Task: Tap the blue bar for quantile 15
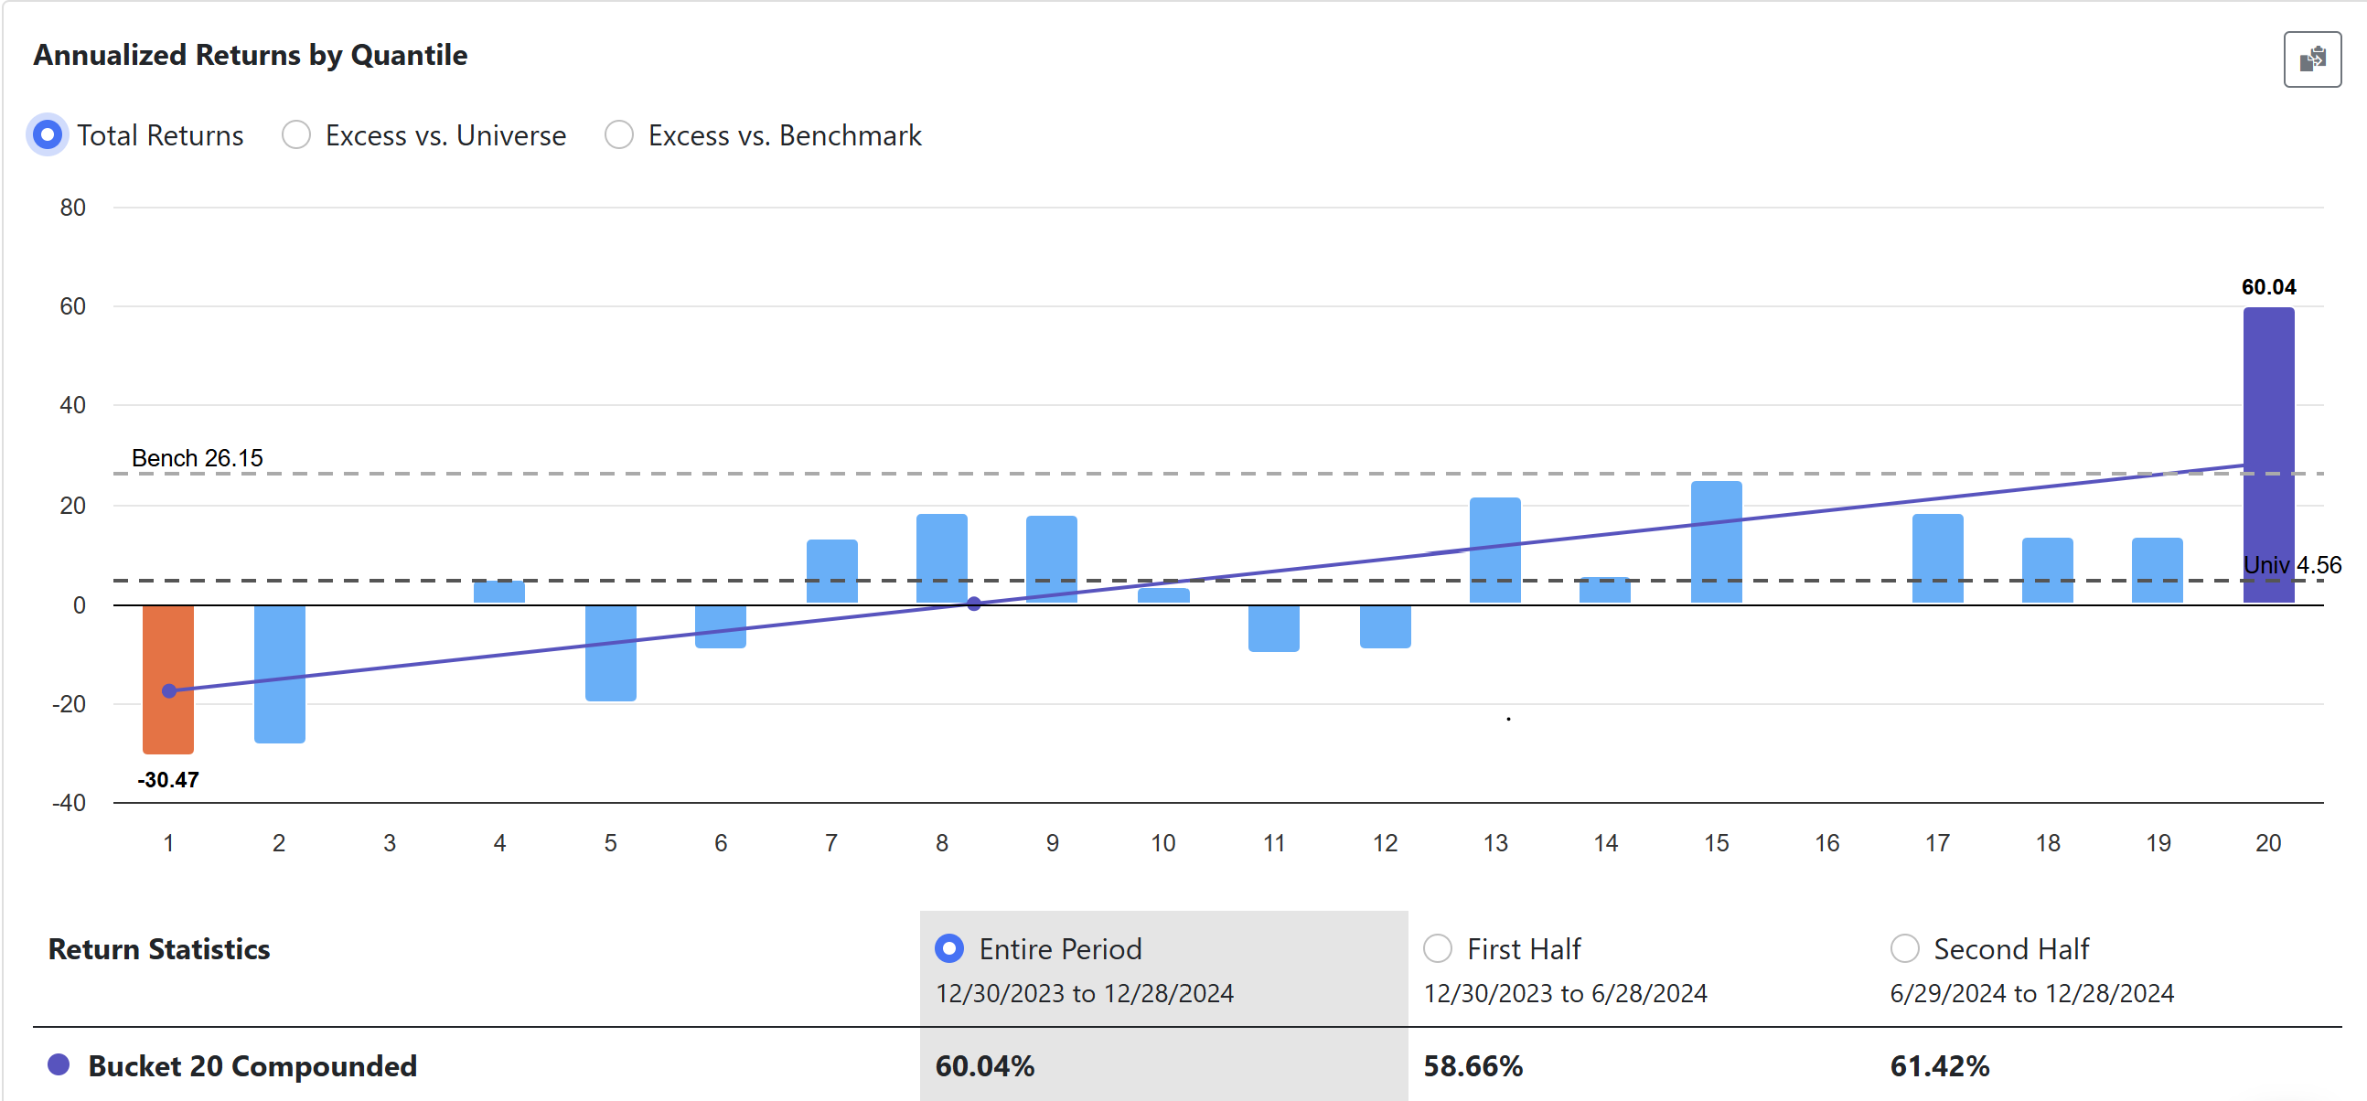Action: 1716,541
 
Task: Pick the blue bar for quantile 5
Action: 610,653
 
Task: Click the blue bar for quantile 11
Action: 1273,627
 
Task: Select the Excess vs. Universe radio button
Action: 296,135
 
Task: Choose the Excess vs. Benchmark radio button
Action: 619,135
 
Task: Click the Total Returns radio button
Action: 48,135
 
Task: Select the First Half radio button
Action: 1437,948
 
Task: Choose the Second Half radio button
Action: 1904,948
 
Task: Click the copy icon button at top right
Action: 2312,59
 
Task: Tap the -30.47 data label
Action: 168,779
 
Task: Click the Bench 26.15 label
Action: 197,457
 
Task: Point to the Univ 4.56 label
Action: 2292,564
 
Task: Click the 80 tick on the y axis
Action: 72,208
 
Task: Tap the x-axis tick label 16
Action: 1826,843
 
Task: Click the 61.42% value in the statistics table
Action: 1939,1066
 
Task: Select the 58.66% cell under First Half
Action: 1473,1066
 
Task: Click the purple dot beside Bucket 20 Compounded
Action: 59,1065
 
